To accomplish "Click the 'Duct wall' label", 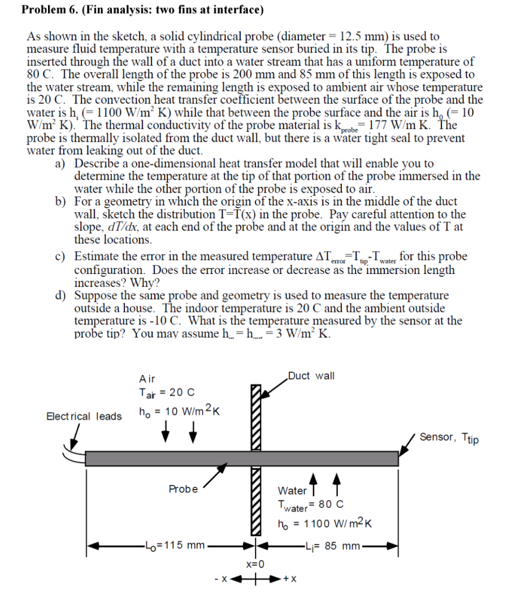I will point(311,376).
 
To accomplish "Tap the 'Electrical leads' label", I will point(84,417).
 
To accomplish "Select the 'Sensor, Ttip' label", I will point(449,437).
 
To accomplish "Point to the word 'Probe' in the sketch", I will point(183,489).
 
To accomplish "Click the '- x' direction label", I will point(221,579).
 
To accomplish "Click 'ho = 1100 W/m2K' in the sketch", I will point(324,524).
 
